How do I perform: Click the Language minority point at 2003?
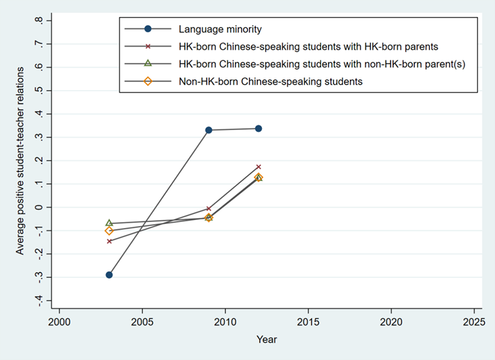click(109, 275)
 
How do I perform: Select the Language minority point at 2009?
click(209, 130)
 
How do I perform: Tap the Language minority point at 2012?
click(259, 129)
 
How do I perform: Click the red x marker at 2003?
click(109, 241)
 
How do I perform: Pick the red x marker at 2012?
click(259, 167)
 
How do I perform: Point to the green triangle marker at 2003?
click(109, 223)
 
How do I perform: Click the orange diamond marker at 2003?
click(109, 231)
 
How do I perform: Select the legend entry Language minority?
click(220, 29)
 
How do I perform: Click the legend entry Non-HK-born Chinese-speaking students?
click(270, 81)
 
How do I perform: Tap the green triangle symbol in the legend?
click(148, 64)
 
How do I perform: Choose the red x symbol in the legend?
click(148, 47)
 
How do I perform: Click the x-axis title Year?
click(267, 340)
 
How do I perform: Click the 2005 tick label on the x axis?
click(142, 323)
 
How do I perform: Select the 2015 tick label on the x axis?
click(308, 323)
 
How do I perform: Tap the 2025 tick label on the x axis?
click(473, 323)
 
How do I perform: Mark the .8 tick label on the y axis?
click(41, 20)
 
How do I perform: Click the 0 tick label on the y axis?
click(41, 207)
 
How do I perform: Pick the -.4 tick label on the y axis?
click(39, 300)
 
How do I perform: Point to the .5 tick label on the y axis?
click(41, 91)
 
